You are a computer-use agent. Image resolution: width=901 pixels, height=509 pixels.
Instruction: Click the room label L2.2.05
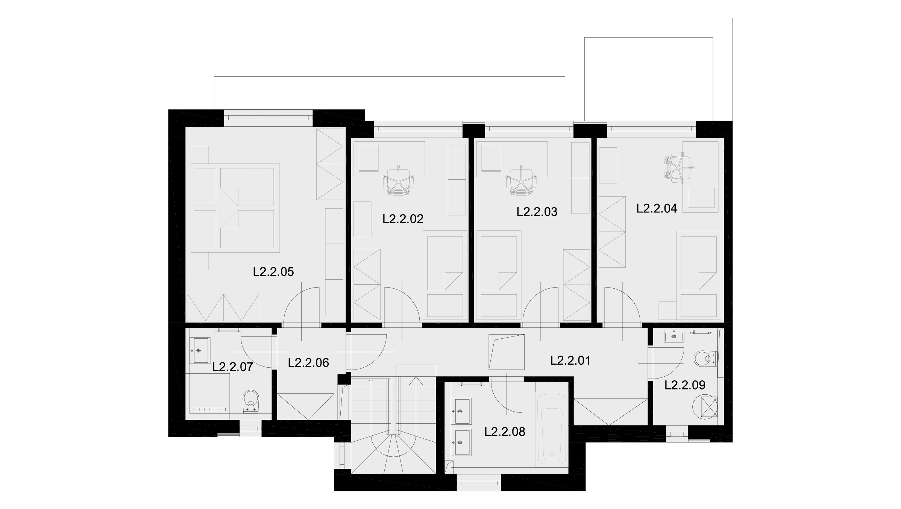click(x=273, y=272)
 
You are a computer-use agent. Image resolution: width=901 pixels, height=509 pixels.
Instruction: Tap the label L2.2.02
click(x=403, y=219)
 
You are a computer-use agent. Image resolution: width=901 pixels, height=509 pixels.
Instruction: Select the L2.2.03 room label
click(x=537, y=212)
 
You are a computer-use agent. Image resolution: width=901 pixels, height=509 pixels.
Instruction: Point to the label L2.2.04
click(x=657, y=208)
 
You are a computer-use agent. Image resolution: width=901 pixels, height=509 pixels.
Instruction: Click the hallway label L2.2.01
click(x=570, y=361)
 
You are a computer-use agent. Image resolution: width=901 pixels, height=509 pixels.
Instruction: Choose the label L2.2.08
click(x=505, y=432)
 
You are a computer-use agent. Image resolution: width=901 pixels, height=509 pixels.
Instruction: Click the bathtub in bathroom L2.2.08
click(x=552, y=429)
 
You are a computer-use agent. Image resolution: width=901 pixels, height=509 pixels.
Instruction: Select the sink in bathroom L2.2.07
click(x=202, y=350)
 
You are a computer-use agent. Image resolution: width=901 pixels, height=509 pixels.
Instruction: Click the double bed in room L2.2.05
click(x=235, y=208)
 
